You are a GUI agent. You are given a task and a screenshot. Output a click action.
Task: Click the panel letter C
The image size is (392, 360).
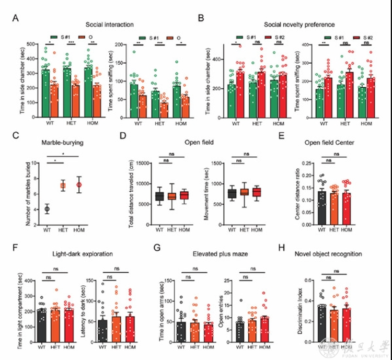(16, 135)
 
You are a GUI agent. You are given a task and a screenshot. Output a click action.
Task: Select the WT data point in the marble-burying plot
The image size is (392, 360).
(47, 209)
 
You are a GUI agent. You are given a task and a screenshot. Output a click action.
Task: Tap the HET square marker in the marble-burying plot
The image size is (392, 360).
(63, 186)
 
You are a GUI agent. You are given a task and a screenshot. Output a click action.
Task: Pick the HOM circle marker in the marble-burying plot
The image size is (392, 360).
(79, 185)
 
